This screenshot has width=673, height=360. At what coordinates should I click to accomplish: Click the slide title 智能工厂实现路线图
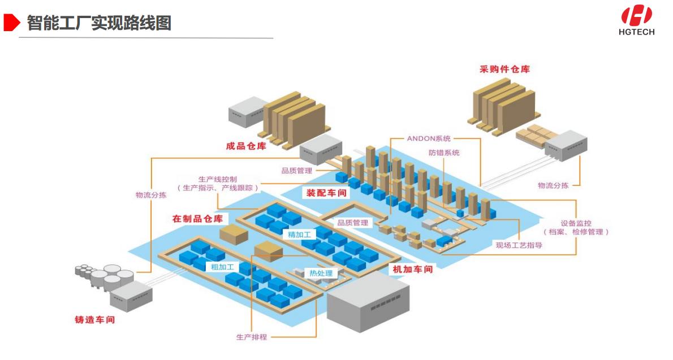(99, 23)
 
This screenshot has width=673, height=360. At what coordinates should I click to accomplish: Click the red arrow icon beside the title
(12, 23)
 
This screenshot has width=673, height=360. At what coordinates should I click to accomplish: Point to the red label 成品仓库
(245, 146)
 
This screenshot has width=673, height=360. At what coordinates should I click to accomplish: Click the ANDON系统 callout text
(429, 138)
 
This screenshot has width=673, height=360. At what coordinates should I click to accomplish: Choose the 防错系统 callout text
(444, 153)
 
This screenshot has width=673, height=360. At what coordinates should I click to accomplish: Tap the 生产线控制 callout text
(218, 179)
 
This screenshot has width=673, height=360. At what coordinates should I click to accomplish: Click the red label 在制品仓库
(197, 218)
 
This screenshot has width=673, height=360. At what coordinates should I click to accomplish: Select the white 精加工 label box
(299, 234)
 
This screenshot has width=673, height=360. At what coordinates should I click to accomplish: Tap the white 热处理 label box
(320, 274)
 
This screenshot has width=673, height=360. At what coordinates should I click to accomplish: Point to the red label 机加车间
(412, 269)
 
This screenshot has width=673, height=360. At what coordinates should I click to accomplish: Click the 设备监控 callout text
(576, 223)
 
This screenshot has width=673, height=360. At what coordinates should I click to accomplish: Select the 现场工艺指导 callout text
(519, 245)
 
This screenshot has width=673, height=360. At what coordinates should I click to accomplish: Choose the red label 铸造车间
(94, 319)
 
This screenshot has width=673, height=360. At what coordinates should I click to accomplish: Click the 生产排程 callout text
(251, 337)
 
